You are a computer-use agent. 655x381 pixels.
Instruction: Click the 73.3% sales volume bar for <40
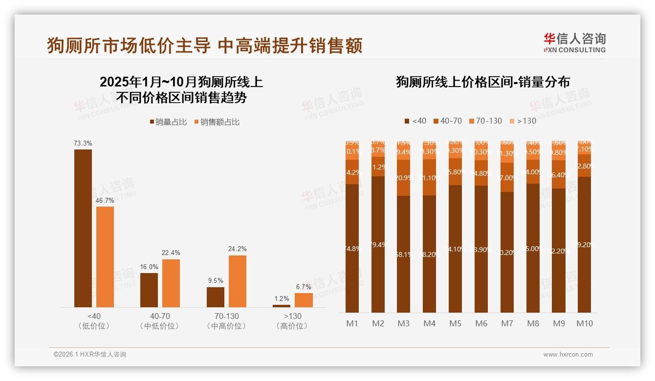point(83,228)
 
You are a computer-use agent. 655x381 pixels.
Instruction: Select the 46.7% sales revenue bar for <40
point(105,257)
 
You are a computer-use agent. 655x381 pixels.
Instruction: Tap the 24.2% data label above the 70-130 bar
point(238,249)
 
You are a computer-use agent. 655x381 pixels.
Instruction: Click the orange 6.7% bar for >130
point(304,300)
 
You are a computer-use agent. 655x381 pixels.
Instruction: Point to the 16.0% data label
point(149,267)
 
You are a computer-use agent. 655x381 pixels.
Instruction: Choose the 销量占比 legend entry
point(168,122)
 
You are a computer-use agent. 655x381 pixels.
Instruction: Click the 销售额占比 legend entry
point(217,122)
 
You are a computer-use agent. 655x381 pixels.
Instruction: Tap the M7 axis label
point(507,323)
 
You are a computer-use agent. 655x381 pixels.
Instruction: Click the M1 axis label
point(352,323)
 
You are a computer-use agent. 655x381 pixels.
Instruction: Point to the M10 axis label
point(584,323)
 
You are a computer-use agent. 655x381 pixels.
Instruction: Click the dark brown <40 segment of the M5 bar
point(456,249)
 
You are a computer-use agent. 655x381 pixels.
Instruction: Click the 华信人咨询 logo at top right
point(574,42)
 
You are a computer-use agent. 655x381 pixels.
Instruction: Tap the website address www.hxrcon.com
point(568,355)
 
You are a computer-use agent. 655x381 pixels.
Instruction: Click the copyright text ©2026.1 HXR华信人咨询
point(89,355)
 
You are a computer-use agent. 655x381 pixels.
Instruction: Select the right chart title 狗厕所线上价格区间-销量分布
point(482,82)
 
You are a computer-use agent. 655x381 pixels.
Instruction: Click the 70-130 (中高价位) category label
point(226,321)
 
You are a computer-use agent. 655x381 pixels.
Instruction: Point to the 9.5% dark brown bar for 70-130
point(216,297)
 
